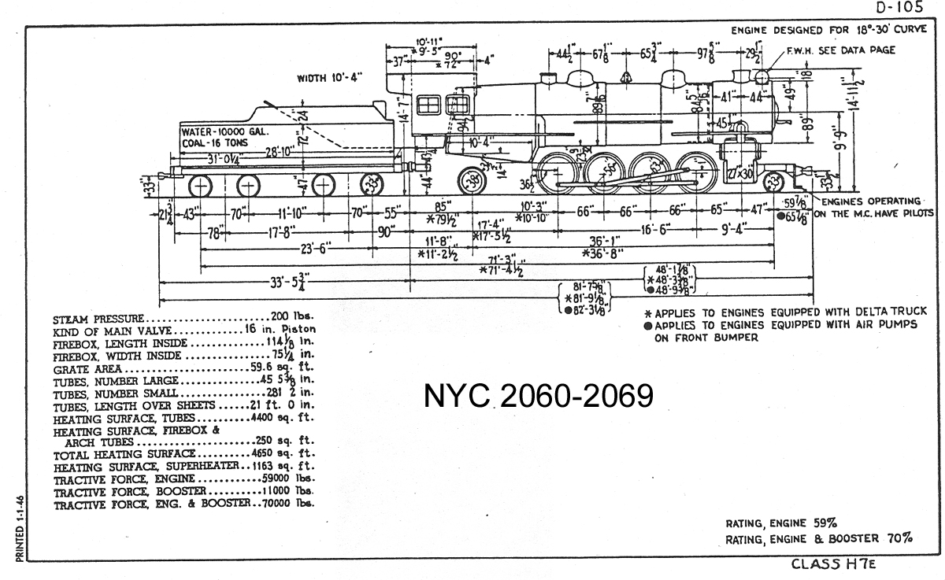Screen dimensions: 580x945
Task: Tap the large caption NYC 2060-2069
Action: pyautogui.click(x=539, y=397)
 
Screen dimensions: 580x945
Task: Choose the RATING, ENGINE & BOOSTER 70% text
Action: pyautogui.click(x=819, y=539)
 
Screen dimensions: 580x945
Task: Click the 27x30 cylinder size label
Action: pyautogui.click(x=739, y=172)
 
